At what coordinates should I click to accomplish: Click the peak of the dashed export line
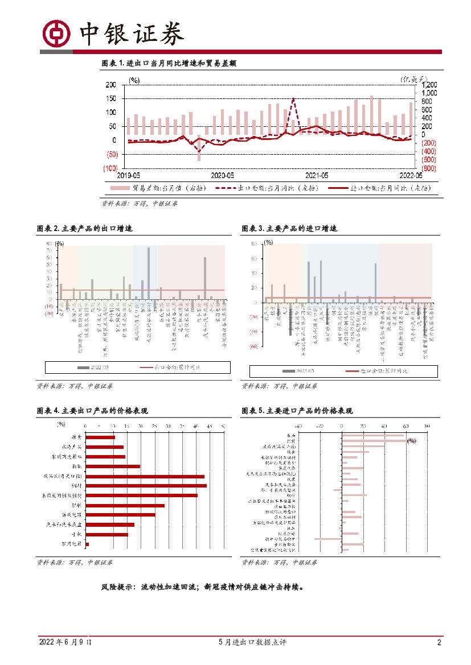click(x=293, y=99)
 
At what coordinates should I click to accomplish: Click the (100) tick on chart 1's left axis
click(x=109, y=168)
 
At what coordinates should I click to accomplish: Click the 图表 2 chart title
click(x=85, y=228)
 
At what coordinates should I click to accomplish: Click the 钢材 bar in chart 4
click(x=146, y=485)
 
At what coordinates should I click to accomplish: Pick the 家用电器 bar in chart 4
click(x=87, y=544)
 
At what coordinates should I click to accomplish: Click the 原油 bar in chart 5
click(x=373, y=436)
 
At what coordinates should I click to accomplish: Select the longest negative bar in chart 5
click(x=328, y=539)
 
